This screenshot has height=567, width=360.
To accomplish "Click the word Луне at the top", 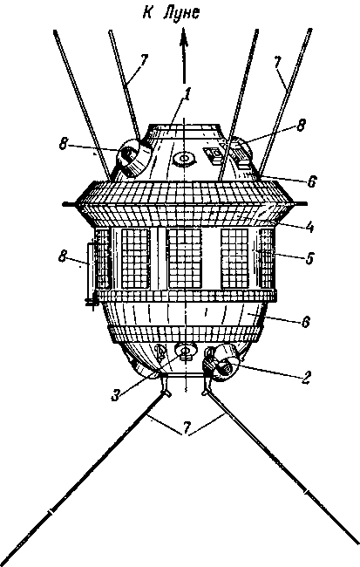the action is click(x=181, y=13).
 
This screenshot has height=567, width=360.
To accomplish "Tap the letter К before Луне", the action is click(x=147, y=12).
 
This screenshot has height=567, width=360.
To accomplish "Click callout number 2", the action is click(x=306, y=377).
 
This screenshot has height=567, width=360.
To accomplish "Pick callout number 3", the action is click(x=115, y=395).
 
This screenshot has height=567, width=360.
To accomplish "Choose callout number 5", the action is click(x=309, y=258).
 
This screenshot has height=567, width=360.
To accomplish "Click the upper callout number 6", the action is click(x=312, y=181).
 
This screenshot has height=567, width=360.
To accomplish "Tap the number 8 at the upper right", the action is click(x=301, y=126).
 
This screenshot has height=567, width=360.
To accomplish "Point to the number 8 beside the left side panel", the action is click(x=64, y=257).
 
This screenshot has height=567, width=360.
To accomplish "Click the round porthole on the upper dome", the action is click(x=184, y=158).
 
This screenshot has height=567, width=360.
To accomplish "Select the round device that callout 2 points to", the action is click(x=224, y=363).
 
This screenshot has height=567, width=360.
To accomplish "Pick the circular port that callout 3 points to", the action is click(x=187, y=350).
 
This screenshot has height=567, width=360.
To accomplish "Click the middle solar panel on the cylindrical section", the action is click(x=185, y=258).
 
